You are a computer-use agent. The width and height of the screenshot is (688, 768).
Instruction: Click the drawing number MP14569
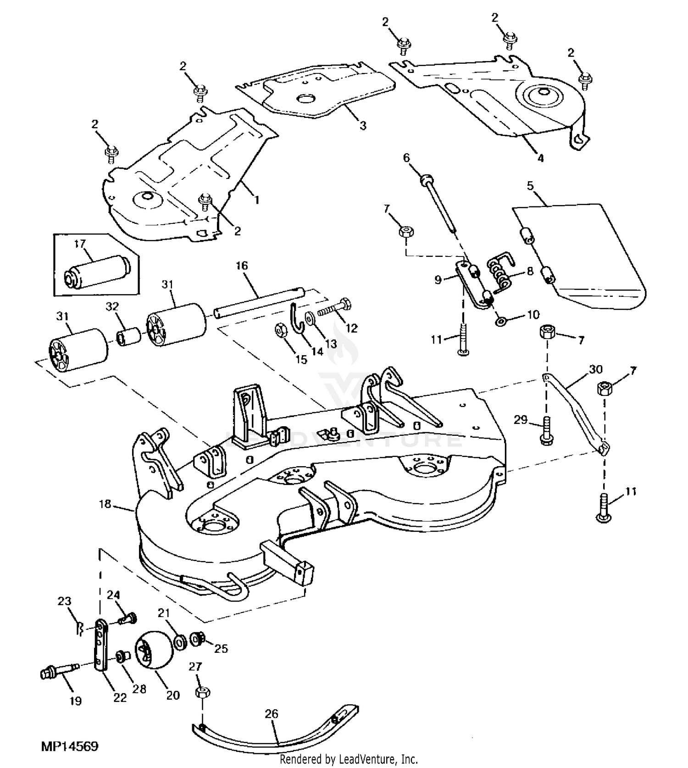70,746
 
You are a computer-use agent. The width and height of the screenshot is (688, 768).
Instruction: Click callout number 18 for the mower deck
105,504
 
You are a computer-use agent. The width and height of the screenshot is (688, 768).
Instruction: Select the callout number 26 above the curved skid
272,714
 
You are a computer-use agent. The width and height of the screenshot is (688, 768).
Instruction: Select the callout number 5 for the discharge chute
530,186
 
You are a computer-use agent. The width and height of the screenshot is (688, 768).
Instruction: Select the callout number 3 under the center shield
363,125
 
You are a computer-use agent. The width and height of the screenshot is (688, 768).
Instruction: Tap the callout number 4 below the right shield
540,158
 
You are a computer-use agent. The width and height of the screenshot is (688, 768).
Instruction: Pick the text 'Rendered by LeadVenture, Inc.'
349,759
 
